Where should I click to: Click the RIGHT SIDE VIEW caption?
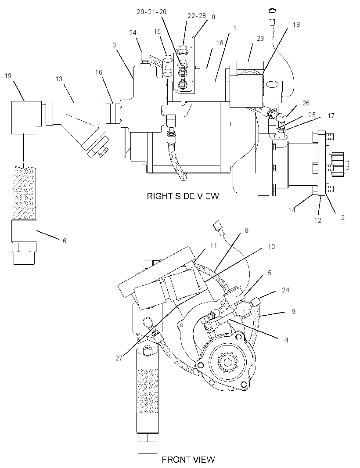[183, 196]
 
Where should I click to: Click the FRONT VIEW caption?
[188, 459]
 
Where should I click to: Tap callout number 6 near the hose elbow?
[65, 241]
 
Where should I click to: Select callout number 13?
[59, 79]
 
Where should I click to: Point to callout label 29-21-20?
[151, 12]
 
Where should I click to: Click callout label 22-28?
[197, 15]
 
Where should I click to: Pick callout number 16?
[99, 72]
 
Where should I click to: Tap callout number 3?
[114, 45]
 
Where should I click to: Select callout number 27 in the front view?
[119, 358]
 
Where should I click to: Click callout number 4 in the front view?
[287, 340]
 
